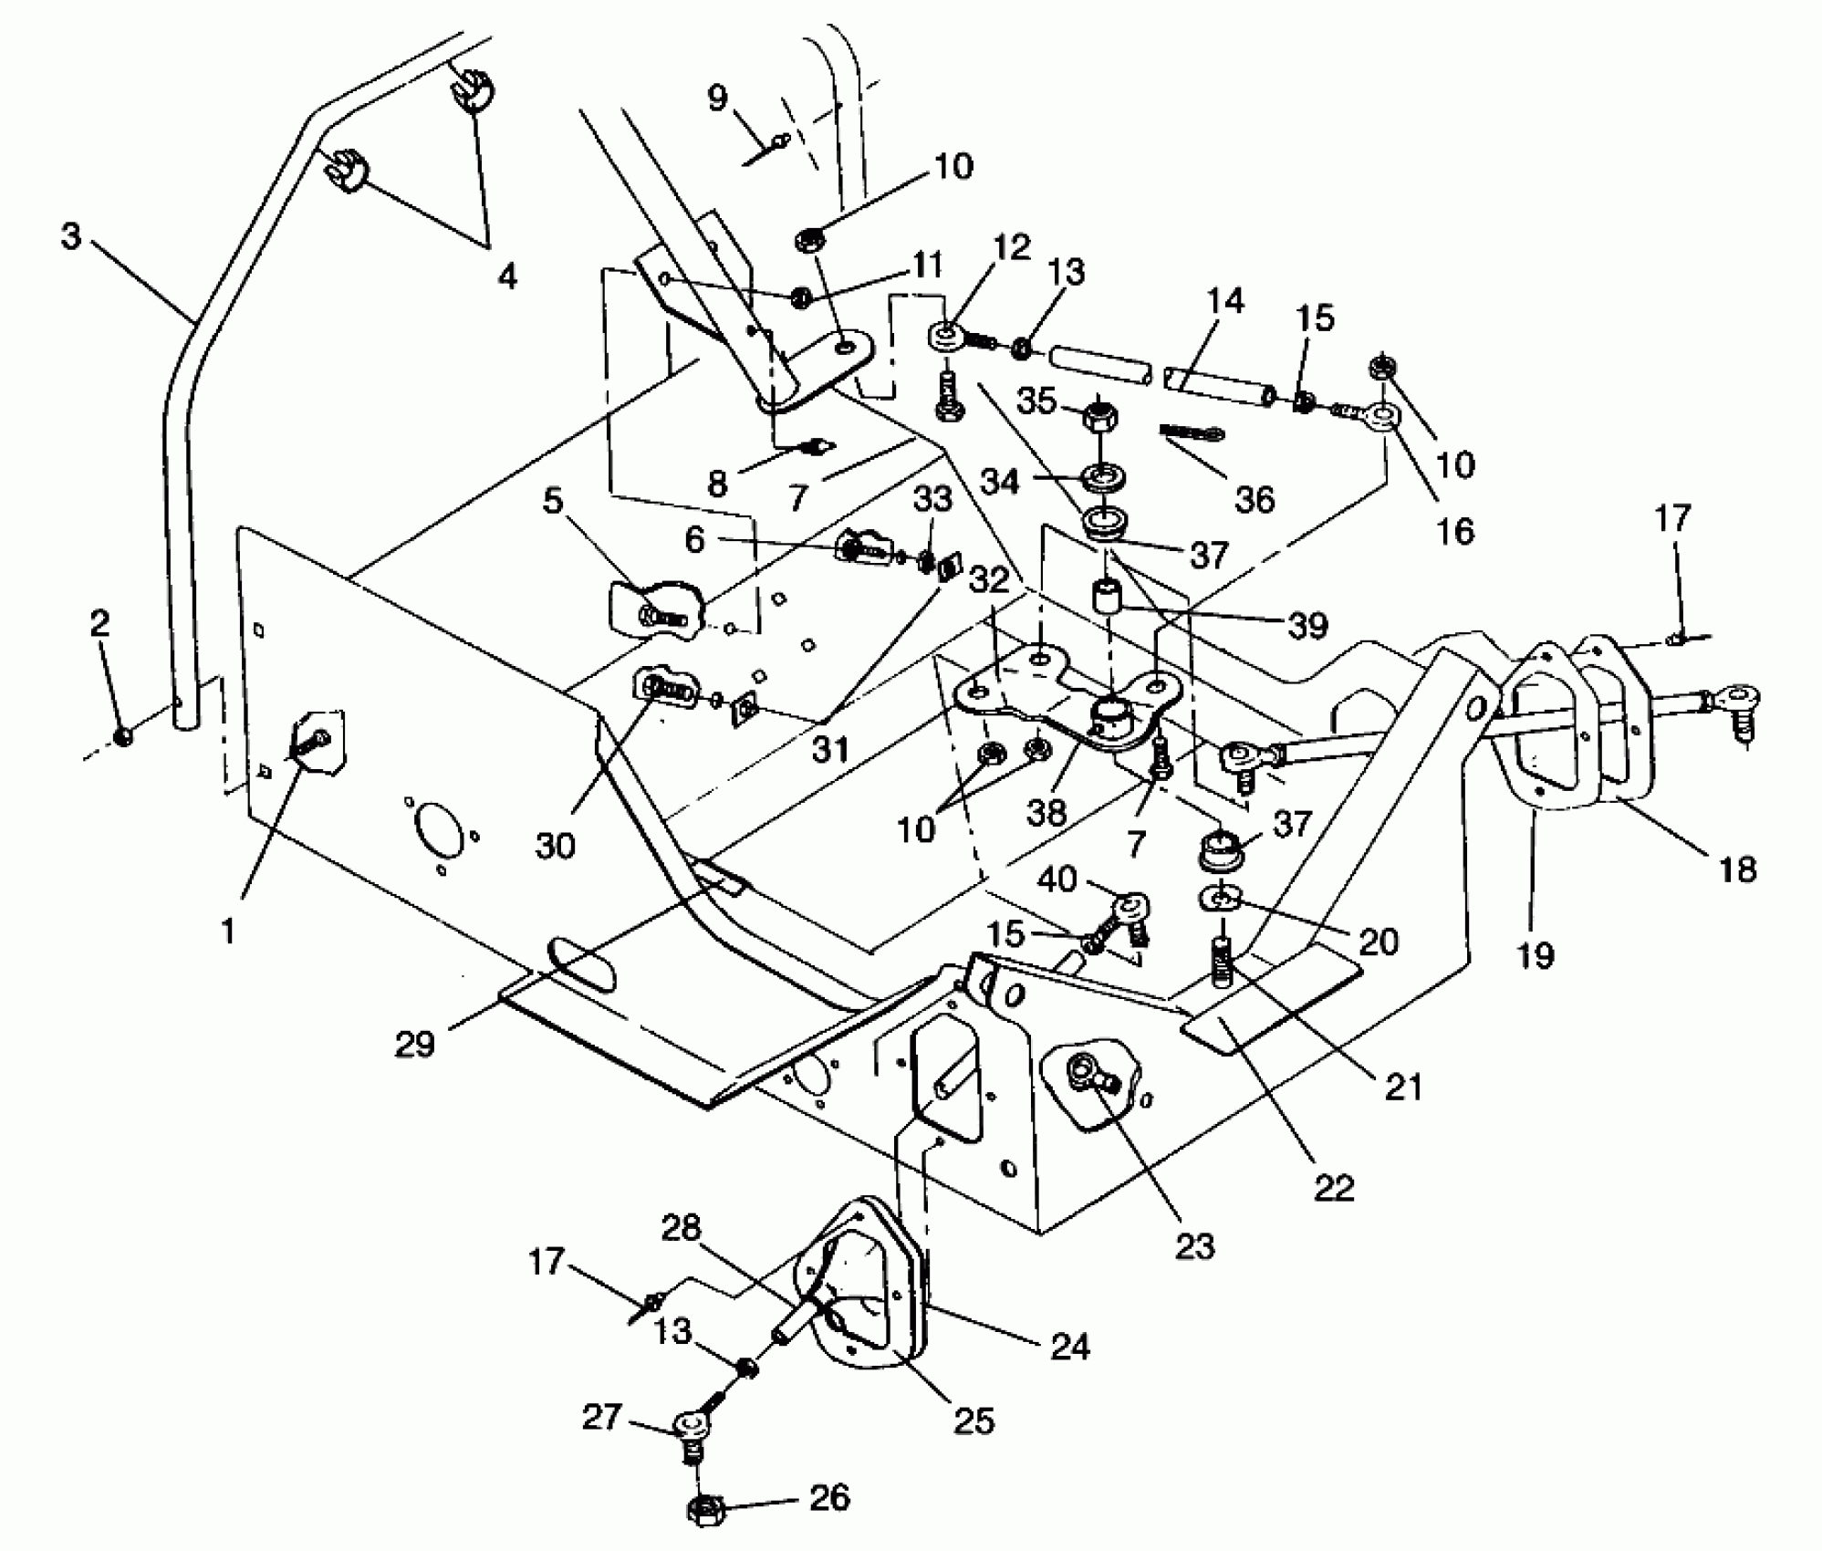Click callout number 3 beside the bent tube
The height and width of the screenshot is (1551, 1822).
(71, 236)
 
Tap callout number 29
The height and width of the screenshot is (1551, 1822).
(414, 1044)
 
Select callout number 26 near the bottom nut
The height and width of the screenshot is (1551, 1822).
(829, 1497)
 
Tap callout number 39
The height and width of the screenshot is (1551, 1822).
(1307, 625)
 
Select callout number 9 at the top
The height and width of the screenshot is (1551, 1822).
(718, 98)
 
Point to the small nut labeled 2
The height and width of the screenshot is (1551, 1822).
(124, 735)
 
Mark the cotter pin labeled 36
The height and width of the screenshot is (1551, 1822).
(1192, 431)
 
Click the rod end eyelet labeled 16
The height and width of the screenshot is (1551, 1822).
(1382, 417)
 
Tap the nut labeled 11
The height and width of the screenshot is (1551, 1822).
(801, 297)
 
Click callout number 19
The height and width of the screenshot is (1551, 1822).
(1535, 955)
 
